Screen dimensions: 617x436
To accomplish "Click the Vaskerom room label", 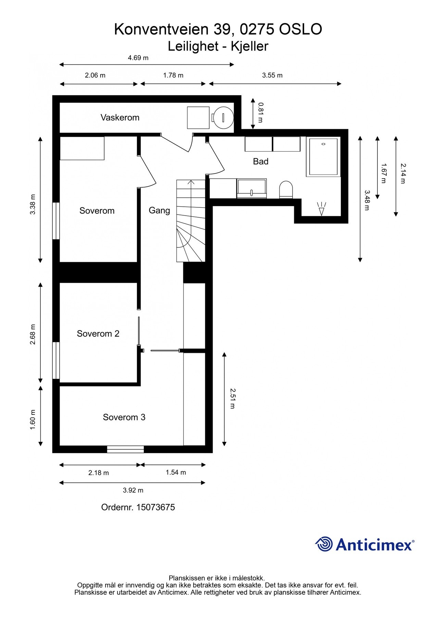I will pos(120,118).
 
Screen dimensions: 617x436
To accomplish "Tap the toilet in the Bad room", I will pos(286,190).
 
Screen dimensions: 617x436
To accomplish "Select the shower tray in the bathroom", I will pos(323,157).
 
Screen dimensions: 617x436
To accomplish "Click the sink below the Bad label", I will pos(251,188).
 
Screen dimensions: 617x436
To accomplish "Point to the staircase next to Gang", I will pos(190,221).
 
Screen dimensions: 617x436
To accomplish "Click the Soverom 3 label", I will pos(124,417).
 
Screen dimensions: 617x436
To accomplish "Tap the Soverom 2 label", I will pos(98,334).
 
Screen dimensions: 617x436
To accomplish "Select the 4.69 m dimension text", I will pos(138,58).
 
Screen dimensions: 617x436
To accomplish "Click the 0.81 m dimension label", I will pos(260,112).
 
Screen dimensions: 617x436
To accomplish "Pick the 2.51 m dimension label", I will pos(232,398).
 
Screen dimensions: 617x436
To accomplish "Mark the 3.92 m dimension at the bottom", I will pos(133,490).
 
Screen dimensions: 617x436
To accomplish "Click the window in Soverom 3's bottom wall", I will pos(125,449).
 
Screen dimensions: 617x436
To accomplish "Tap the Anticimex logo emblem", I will pos(324,544).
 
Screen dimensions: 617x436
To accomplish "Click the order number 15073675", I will pos(155,507).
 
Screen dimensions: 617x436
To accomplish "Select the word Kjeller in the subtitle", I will pos(249,46).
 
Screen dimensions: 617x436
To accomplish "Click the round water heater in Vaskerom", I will pos(223,117).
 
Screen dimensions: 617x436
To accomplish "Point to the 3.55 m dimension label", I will pos(272,75).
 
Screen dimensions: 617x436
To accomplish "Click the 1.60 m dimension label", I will pos(33,419).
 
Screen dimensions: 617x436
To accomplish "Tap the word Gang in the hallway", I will pos(159,210).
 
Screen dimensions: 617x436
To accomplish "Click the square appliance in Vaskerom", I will pos(198,118).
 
